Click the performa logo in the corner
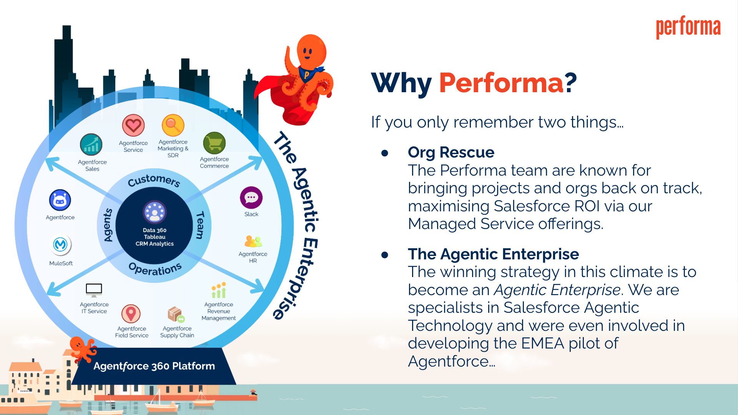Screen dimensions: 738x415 (x=688, y=27)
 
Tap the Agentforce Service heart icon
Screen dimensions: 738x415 (x=133, y=126)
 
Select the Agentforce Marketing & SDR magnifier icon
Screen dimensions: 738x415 (x=173, y=125)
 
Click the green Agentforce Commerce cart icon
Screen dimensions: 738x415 (x=214, y=143)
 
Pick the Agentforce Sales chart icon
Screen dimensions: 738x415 (x=91, y=144)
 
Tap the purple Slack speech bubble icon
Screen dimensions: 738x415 (x=251, y=198)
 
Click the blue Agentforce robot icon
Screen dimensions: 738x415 (x=60, y=200)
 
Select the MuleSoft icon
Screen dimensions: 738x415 (x=60, y=245)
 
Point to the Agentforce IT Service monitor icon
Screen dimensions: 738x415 (x=94, y=290)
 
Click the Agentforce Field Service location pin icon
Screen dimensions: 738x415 (x=131, y=314)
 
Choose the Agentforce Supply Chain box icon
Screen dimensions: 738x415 (x=176, y=314)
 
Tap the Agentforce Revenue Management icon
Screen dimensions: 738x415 (x=219, y=290)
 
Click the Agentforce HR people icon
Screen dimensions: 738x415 (x=253, y=241)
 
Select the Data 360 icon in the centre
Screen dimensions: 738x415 (x=155, y=212)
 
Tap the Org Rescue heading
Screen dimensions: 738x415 (x=451, y=153)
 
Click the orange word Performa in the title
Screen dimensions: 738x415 (x=501, y=83)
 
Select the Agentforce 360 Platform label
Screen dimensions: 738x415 (x=154, y=366)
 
